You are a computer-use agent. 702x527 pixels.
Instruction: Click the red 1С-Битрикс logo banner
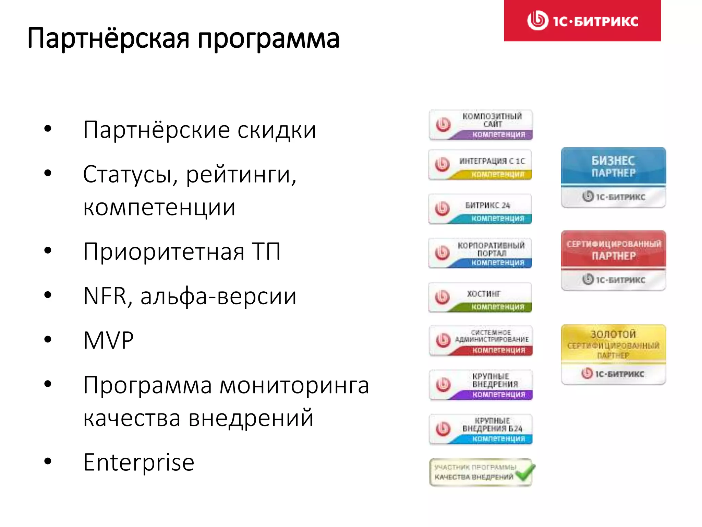point(582,21)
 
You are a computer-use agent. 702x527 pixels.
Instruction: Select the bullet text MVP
point(108,340)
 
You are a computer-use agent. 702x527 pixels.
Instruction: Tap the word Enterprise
point(139,462)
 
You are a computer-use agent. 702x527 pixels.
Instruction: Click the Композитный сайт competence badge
point(481,125)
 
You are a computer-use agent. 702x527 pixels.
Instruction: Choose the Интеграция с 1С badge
point(480,165)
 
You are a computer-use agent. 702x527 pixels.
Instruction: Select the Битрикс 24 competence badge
point(480,209)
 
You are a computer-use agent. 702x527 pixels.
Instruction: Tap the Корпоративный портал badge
point(480,253)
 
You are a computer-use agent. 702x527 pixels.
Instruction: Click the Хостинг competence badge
point(480,297)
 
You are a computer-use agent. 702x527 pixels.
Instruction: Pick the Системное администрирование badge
point(481,341)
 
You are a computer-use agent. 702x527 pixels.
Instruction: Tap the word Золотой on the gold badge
point(613,334)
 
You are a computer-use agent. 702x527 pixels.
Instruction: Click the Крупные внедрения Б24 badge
point(481,429)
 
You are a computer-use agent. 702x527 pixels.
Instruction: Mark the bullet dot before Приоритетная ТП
point(48,250)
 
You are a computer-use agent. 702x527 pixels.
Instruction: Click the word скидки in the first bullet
point(277,130)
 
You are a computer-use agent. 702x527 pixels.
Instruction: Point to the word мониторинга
point(294,385)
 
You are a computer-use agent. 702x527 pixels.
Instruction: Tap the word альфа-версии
point(218,296)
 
